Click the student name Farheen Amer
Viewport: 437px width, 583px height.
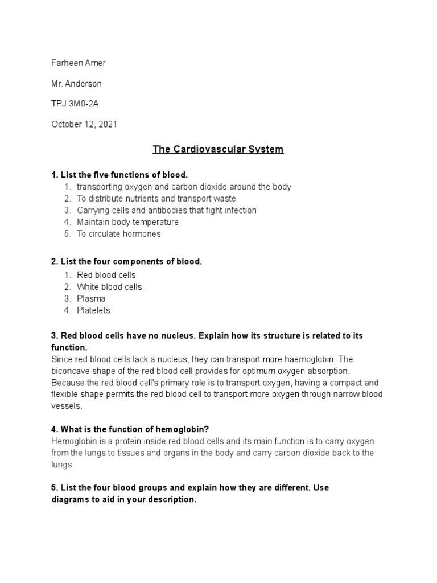[79, 63]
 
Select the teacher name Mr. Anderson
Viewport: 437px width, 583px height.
[77, 84]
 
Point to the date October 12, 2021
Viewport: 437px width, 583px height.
[84, 124]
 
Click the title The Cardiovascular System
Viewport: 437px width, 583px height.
[218, 150]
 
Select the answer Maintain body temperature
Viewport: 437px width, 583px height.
[127, 222]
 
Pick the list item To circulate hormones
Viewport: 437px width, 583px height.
[119, 234]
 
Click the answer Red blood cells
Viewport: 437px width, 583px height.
[106, 275]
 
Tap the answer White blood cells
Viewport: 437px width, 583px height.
[109, 287]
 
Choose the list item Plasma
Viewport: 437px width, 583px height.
[91, 299]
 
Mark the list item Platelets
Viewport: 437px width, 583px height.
[93, 311]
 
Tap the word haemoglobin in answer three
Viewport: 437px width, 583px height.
[310, 359]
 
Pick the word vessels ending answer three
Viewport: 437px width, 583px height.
[67, 406]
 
